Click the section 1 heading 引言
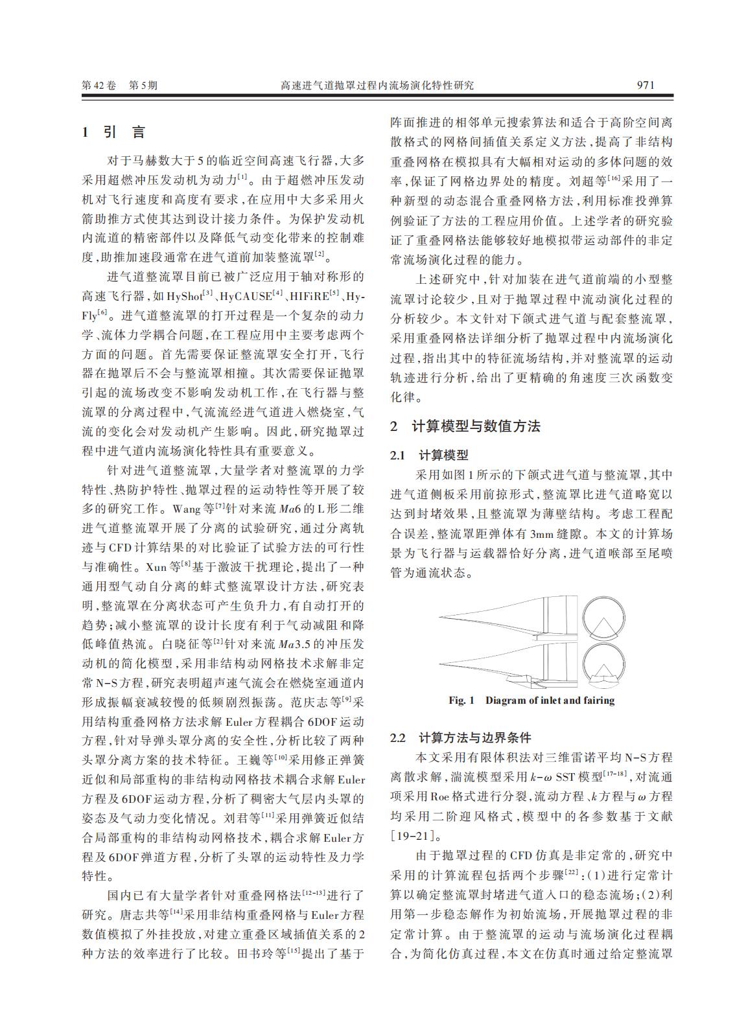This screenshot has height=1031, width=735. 124,132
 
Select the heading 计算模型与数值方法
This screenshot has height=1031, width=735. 476,426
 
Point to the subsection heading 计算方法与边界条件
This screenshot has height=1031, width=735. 474,737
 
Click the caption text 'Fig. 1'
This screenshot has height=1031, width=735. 461,701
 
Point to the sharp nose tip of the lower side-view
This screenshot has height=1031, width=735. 440,662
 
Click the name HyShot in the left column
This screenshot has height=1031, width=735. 184,296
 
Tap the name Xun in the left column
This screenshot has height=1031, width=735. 156,567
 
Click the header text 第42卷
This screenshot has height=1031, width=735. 99,85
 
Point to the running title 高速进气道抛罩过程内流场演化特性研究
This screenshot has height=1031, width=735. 377,85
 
